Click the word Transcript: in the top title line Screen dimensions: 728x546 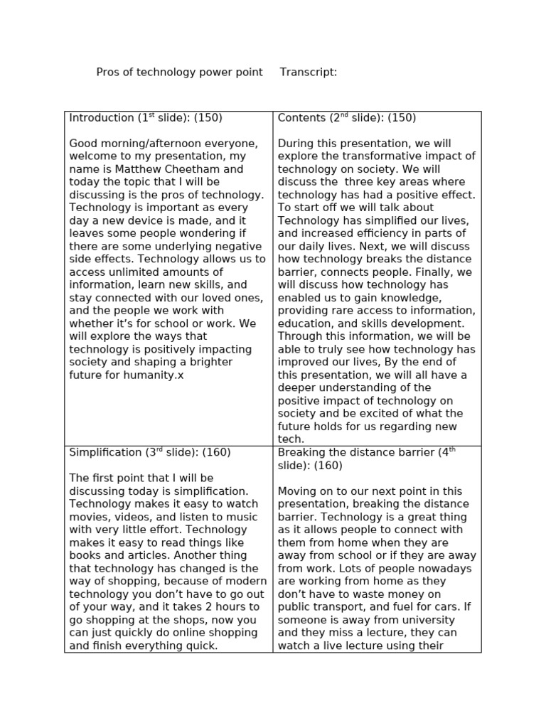[309, 73]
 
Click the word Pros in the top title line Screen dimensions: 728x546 [107, 73]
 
